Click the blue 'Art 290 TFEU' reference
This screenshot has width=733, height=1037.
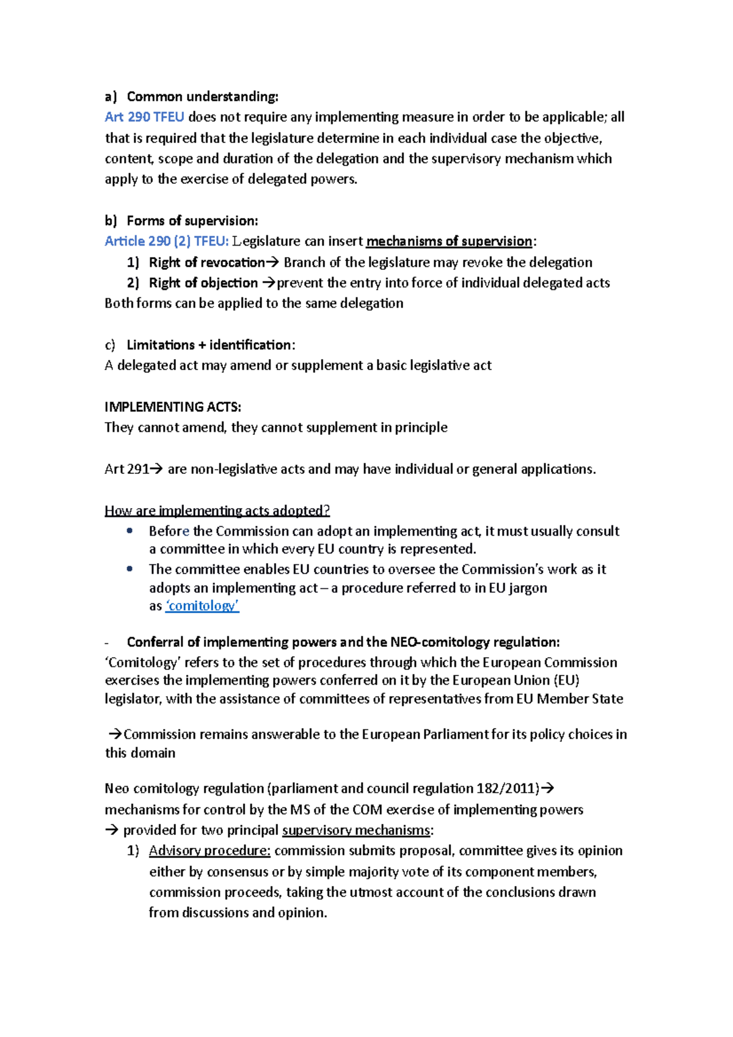(x=144, y=117)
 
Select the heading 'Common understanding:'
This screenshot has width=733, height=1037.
(x=202, y=96)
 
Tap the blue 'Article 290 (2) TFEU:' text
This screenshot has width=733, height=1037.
(x=166, y=241)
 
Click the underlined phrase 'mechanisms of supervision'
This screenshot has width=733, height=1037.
(x=449, y=241)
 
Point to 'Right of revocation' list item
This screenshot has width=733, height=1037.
(x=206, y=262)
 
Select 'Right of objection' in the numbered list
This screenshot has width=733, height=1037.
(x=203, y=283)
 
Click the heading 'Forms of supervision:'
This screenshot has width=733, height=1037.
(x=192, y=220)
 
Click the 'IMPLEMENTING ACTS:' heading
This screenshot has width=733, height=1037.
(x=173, y=407)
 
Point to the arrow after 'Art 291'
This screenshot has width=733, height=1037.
(x=156, y=469)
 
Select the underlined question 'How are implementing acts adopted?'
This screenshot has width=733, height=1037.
(x=217, y=511)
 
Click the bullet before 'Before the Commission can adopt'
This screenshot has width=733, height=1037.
(x=129, y=531)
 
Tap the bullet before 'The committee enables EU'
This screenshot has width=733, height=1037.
(x=129, y=569)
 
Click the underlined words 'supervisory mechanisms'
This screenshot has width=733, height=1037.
(x=356, y=830)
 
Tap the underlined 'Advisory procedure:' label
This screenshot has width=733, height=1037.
(x=210, y=851)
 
